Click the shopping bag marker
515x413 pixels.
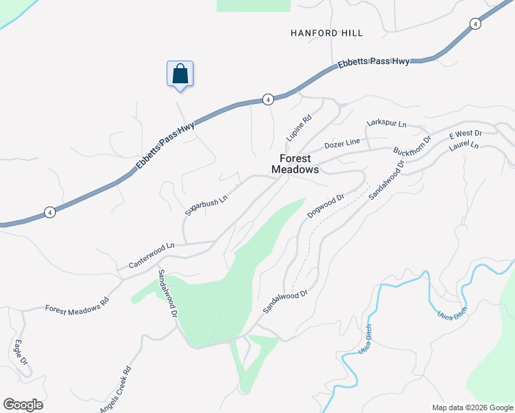[x=180, y=74]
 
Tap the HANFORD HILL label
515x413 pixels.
[x=326, y=33]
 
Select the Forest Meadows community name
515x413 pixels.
[x=295, y=164]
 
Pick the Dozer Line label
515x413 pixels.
[x=343, y=143]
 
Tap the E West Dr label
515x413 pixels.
[x=465, y=134]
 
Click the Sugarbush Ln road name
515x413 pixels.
[x=206, y=200]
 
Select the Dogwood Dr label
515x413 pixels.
[x=326, y=206]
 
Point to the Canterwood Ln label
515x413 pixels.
[x=151, y=255]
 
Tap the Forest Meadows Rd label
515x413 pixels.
[x=77, y=306]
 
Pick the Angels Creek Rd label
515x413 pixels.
[x=115, y=390]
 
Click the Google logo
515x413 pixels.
[x=23, y=405]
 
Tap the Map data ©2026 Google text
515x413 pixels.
[x=472, y=407]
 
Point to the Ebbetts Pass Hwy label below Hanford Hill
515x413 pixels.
[x=374, y=63]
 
